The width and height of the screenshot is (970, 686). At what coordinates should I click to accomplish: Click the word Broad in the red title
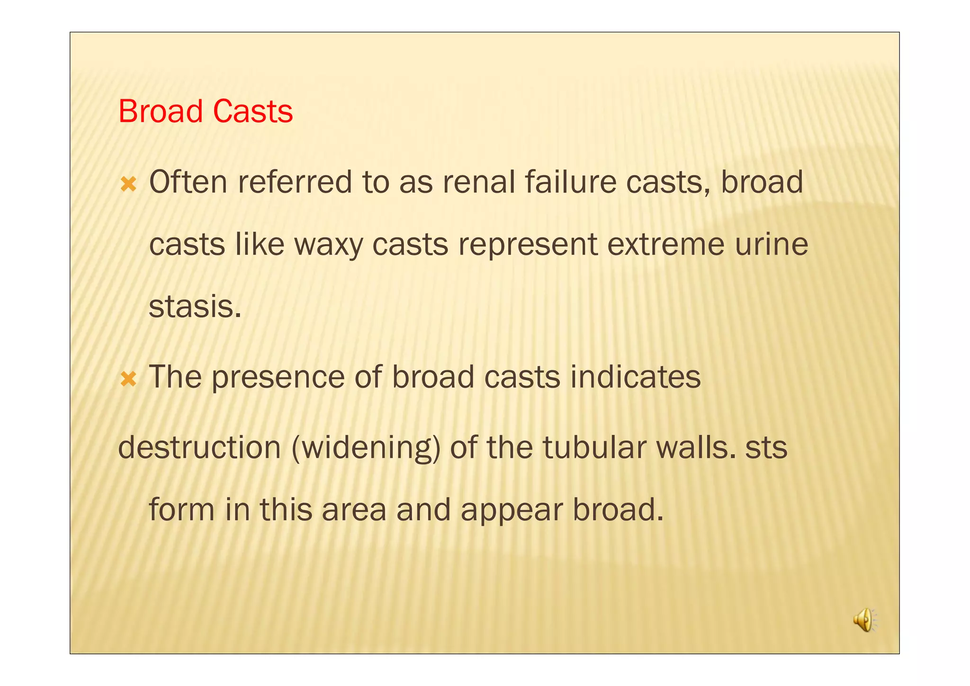coord(161,112)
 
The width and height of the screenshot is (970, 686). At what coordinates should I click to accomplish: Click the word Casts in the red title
coord(252,112)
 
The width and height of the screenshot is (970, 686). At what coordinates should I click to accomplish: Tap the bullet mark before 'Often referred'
coord(128,184)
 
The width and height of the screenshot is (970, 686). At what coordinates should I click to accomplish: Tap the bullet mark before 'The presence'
coord(128,379)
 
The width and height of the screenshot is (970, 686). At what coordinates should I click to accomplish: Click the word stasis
coord(195,307)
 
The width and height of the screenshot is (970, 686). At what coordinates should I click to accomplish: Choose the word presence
coord(278,378)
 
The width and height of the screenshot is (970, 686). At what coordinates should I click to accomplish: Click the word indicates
coord(635,378)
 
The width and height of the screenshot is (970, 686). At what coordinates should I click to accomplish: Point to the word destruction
coord(199,447)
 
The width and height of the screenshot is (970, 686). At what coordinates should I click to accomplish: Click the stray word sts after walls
coord(766,447)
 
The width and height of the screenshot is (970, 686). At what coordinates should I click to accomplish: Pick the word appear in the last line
coord(512,510)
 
